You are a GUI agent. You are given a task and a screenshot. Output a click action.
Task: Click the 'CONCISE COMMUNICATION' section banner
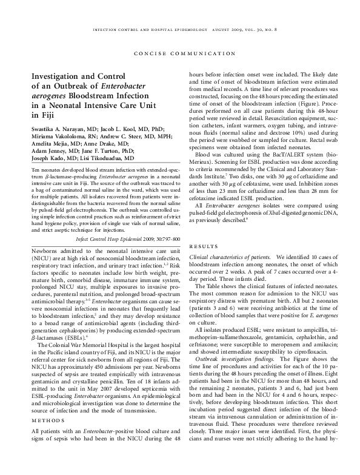(x=180, y=52)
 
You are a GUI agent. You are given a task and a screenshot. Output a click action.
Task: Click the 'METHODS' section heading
(x=43, y=420)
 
